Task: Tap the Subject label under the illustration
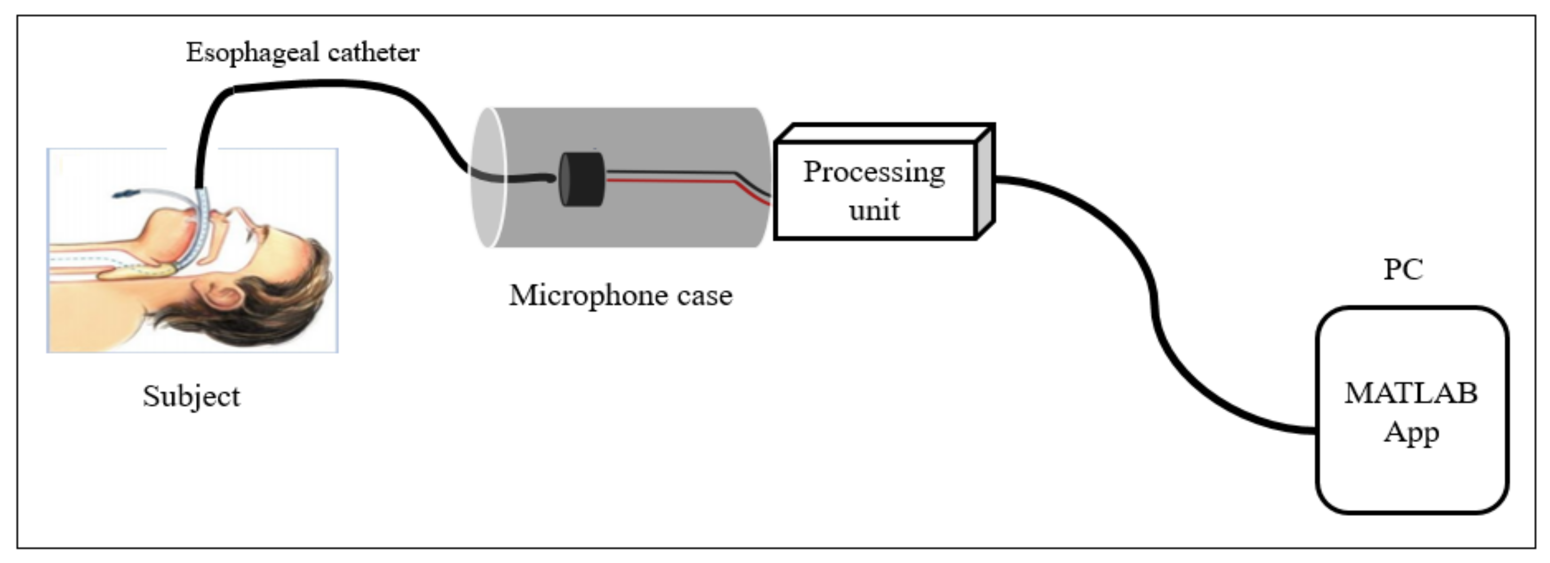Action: [x=192, y=396]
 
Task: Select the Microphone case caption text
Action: [x=620, y=295]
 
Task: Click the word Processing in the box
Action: [x=874, y=172]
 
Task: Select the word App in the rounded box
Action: [x=1410, y=432]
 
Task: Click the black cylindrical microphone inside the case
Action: [x=581, y=179]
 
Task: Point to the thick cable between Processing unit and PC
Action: [x=1152, y=289]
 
